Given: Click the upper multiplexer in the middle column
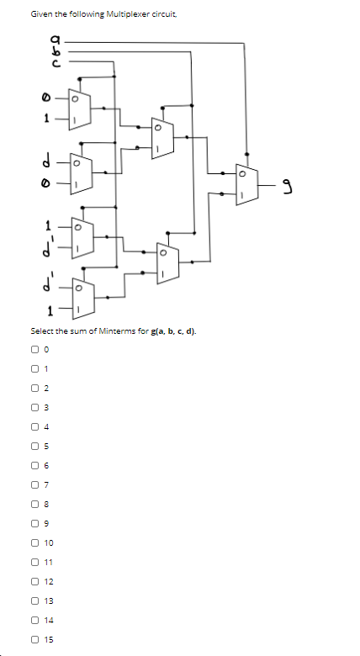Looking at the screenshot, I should (160, 136).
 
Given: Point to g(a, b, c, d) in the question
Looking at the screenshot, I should (172, 331).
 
